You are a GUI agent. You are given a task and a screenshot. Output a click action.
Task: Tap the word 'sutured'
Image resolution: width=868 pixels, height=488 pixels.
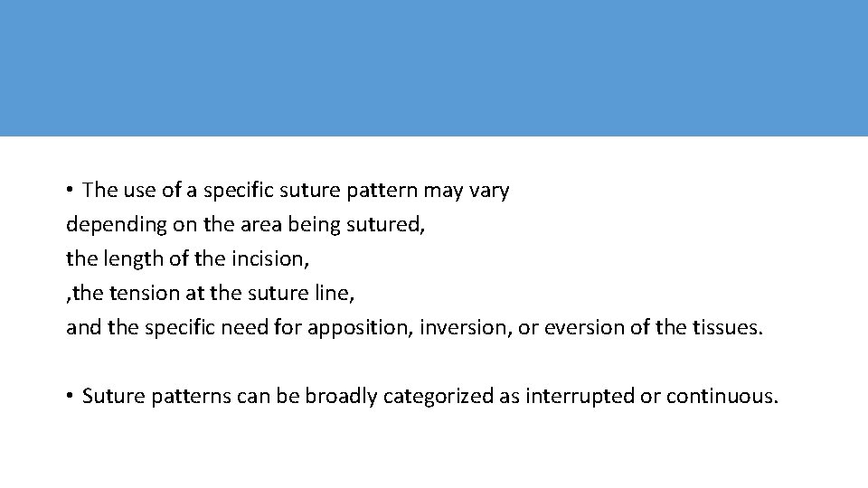point(389,225)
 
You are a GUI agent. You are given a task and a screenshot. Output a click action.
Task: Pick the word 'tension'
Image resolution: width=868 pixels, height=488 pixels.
point(142,293)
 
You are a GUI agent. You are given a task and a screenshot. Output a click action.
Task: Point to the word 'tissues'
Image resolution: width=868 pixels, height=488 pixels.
point(726,327)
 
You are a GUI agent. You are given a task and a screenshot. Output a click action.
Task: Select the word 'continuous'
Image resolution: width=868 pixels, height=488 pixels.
point(721,397)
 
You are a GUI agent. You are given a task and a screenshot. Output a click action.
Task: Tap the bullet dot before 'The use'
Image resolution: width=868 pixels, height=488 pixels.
point(70,192)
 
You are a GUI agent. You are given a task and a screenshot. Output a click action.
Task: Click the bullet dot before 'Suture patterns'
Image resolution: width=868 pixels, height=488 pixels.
point(70,397)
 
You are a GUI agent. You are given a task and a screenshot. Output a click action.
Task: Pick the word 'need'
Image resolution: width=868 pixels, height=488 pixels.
point(255,327)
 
